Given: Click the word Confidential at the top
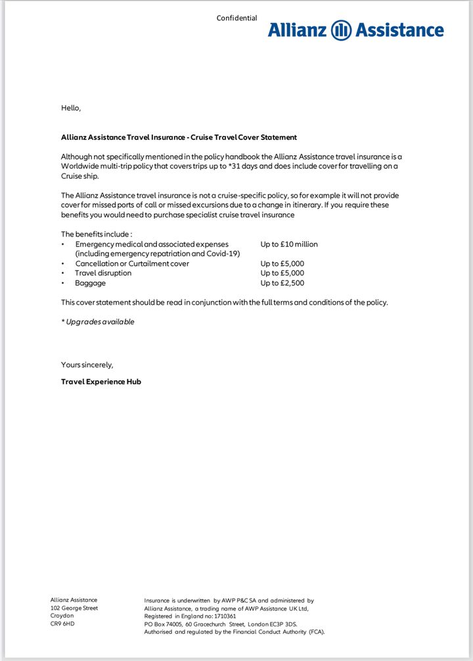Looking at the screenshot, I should (x=236, y=18).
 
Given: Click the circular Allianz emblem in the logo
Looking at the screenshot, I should (x=342, y=30).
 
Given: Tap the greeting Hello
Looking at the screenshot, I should (x=71, y=108).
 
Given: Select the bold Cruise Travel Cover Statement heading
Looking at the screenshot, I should (x=179, y=137).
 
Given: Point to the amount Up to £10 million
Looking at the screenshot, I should (x=288, y=244).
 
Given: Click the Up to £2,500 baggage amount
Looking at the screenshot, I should (x=282, y=283).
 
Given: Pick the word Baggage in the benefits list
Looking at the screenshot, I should (x=90, y=283).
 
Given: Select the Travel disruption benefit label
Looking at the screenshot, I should (x=103, y=273).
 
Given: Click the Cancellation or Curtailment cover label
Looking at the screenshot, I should (x=132, y=263).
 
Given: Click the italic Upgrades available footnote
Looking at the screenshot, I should (x=98, y=322).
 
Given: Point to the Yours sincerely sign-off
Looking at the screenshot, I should (x=87, y=365).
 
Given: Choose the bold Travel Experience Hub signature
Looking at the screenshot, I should (x=101, y=382).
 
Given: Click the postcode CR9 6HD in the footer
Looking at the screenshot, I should (x=62, y=624).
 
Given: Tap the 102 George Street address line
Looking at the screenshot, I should (x=74, y=608).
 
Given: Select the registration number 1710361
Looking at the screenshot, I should (x=222, y=616).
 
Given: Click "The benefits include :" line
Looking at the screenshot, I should (x=97, y=235).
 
